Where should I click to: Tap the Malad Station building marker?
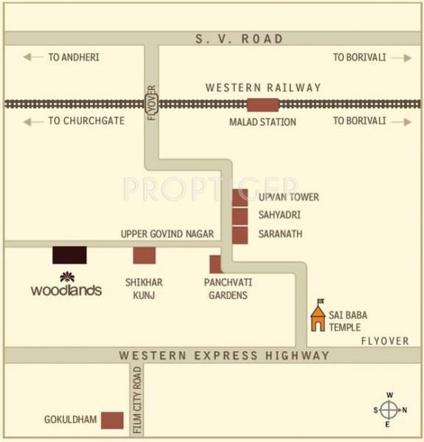click(x=263, y=105)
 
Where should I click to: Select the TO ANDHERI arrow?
click(x=32, y=57)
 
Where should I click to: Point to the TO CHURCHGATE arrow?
click(x=32, y=121)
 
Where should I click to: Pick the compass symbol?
click(x=389, y=410)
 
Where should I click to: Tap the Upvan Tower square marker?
click(x=240, y=197)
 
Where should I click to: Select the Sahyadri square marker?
click(x=240, y=216)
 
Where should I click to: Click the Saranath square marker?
click(x=240, y=235)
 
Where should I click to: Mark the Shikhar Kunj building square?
click(x=145, y=255)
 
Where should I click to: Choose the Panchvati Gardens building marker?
click(x=215, y=264)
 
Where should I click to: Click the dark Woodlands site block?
click(x=69, y=255)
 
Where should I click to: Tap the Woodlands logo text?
click(x=66, y=290)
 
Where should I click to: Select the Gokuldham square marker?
click(x=112, y=420)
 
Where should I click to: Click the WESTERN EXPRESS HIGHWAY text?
click(x=224, y=356)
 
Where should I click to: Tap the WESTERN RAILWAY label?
click(x=263, y=88)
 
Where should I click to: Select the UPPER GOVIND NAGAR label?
click(x=167, y=234)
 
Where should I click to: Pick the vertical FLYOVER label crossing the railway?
click(x=152, y=108)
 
